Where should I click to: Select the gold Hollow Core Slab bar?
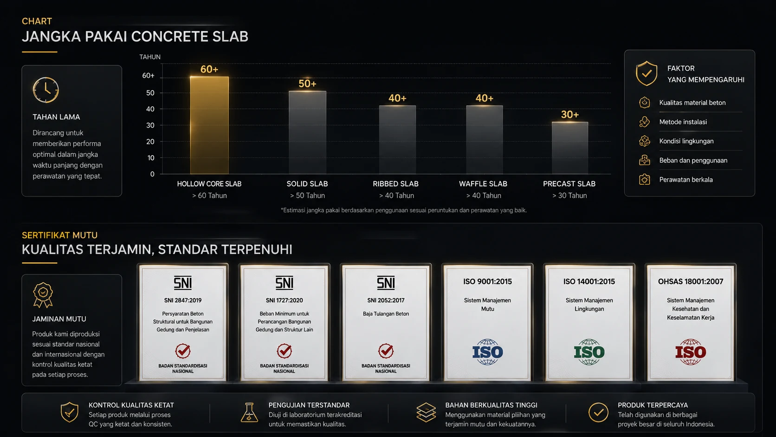coord(209,125)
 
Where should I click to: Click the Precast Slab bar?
coord(570,148)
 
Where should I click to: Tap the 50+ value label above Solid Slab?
coord(307,84)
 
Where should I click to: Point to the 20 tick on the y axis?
coord(150,141)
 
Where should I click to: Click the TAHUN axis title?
coord(149,57)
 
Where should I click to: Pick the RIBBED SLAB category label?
coord(395,184)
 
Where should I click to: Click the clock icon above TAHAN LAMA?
coord(46,90)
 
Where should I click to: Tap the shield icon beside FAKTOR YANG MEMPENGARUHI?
coord(647,73)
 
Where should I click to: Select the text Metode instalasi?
coord(683,122)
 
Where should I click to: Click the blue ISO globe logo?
coord(487,352)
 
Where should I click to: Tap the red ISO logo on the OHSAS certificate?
coord(691,352)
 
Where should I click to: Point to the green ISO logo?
coord(589,352)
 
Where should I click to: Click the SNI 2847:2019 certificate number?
coord(182,300)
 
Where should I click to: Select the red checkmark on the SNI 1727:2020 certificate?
coord(284,351)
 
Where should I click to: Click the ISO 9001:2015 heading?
coord(487,282)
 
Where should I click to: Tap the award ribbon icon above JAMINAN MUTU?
coord(43,295)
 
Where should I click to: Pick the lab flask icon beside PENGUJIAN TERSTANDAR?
coord(249,412)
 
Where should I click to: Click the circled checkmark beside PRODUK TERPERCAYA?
coord(598,412)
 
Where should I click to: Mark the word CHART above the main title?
coord(37,21)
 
